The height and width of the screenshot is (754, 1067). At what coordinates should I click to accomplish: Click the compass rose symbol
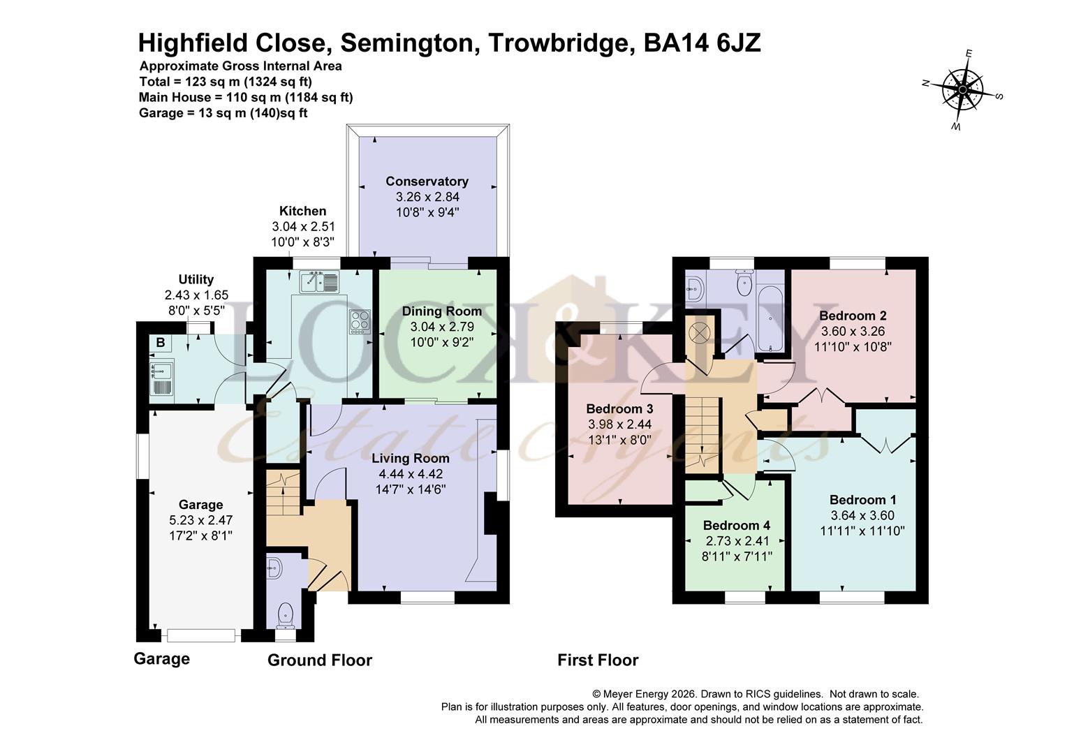pyautogui.click(x=962, y=90)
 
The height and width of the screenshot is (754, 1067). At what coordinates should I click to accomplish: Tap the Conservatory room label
pyautogui.click(x=427, y=182)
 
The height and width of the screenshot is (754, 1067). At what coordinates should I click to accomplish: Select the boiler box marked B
pyautogui.click(x=161, y=343)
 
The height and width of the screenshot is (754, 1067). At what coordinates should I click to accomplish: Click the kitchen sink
pyautogui.click(x=319, y=282)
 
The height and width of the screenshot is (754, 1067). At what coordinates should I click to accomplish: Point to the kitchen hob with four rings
pyautogui.click(x=360, y=321)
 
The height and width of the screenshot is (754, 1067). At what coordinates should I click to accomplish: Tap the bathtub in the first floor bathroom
pyautogui.click(x=770, y=318)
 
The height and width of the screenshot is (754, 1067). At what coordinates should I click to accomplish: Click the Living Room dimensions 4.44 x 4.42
pyautogui.click(x=410, y=474)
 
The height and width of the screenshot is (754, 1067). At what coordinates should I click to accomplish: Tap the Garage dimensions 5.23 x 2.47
pyautogui.click(x=200, y=520)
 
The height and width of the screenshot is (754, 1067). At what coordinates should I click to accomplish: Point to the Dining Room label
pyautogui.click(x=441, y=311)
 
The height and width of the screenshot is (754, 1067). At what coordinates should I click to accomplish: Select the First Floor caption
pyautogui.click(x=598, y=660)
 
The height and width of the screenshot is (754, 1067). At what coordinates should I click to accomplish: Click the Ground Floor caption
pyautogui.click(x=320, y=660)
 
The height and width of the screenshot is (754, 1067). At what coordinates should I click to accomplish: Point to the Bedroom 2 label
pyautogui.click(x=853, y=316)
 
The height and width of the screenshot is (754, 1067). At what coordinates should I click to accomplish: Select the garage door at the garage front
pyautogui.click(x=201, y=635)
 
